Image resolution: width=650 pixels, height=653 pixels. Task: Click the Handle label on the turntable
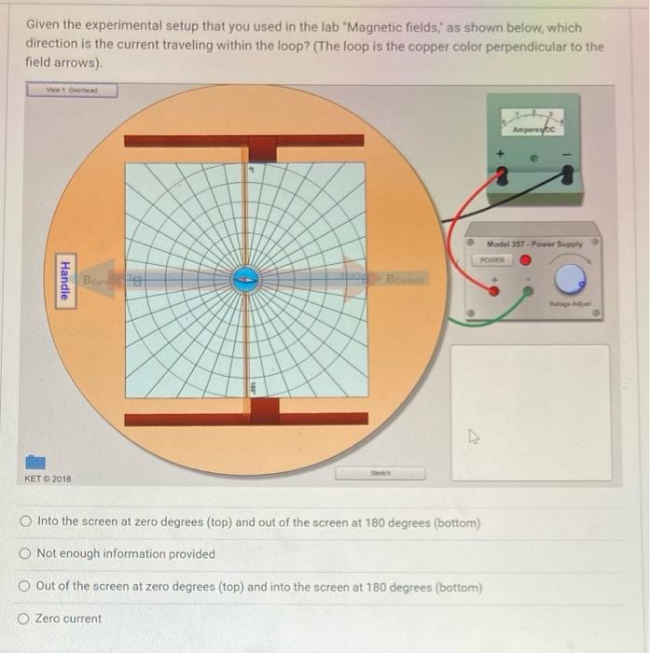(x=64, y=277)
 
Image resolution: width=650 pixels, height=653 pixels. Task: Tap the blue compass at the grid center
(x=245, y=278)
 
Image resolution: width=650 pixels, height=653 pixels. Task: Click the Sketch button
(x=380, y=473)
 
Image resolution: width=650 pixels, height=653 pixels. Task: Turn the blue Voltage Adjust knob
(x=571, y=276)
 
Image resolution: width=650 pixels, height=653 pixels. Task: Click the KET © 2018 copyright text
(x=47, y=479)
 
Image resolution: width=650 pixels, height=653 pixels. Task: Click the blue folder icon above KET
(x=35, y=462)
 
